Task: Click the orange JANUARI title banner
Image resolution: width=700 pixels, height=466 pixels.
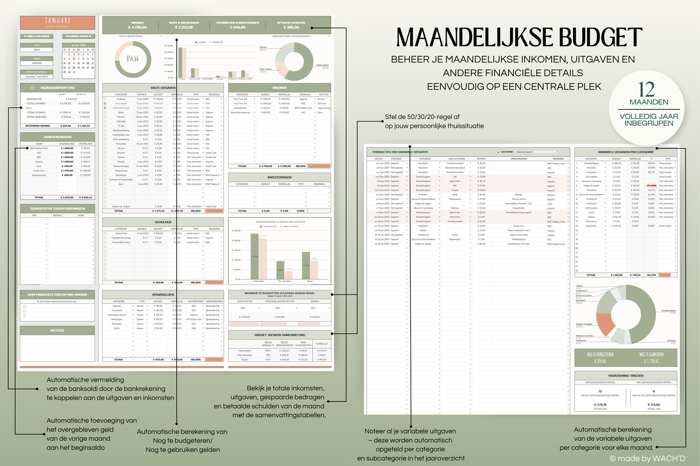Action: pos(57,22)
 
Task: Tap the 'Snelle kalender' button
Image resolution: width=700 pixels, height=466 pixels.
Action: pos(37,36)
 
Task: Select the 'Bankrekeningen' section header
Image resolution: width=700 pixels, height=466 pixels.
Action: pos(57,137)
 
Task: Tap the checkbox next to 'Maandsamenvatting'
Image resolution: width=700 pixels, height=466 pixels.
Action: pos(32,88)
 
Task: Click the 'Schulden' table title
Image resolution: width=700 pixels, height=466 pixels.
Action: pos(163,222)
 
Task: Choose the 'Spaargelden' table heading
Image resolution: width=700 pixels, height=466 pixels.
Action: pos(163,294)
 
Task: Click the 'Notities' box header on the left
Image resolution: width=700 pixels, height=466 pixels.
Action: pos(57,331)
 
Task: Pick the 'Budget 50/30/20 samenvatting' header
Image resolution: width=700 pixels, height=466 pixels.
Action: pos(280,335)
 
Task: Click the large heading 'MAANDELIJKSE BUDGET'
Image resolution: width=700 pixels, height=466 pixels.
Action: pos(519,38)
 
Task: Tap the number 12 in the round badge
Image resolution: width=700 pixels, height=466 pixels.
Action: pos(646,90)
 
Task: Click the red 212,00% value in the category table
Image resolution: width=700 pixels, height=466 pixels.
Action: pos(651,185)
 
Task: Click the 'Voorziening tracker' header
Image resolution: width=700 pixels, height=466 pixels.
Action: pos(625,376)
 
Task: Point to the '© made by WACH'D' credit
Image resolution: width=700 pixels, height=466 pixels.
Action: pos(647,458)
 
